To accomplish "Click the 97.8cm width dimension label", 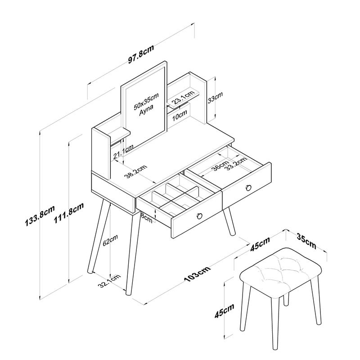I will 142,59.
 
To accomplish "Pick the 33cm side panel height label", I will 215,98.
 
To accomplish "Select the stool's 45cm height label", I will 230,311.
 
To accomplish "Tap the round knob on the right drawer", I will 248,187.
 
